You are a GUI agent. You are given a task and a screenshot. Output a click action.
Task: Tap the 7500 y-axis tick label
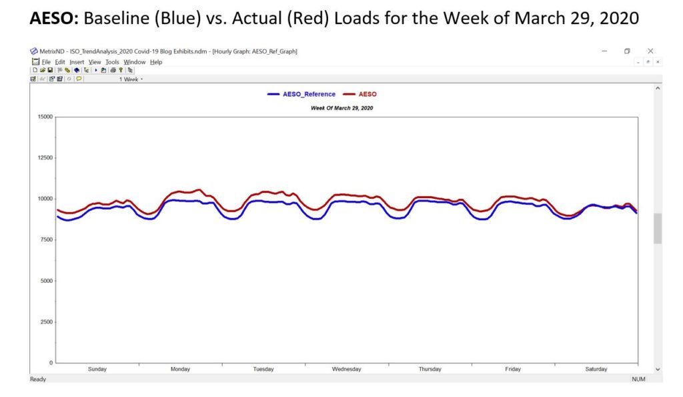[45, 240]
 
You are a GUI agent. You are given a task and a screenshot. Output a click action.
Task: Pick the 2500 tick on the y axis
[45, 322]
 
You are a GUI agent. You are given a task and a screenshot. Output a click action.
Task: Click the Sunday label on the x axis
[97, 369]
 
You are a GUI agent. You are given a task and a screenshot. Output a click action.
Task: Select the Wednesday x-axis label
[346, 369]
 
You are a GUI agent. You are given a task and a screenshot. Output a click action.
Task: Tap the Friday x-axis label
[513, 369]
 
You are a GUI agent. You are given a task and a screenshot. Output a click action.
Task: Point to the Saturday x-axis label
[596, 369]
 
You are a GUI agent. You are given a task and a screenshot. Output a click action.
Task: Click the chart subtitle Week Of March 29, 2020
[342, 107]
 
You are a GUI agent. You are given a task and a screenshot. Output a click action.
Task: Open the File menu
[46, 62]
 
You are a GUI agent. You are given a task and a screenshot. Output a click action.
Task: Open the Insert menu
[76, 62]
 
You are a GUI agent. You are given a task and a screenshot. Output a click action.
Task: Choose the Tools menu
[112, 62]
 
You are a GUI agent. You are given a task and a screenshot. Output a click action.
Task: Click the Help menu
[156, 62]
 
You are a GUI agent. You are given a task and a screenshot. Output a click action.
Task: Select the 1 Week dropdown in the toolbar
[131, 79]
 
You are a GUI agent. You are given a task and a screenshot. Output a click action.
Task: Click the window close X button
[650, 51]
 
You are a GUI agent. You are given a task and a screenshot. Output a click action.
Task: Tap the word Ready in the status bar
[39, 379]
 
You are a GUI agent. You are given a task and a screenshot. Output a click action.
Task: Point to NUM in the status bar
[640, 379]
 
